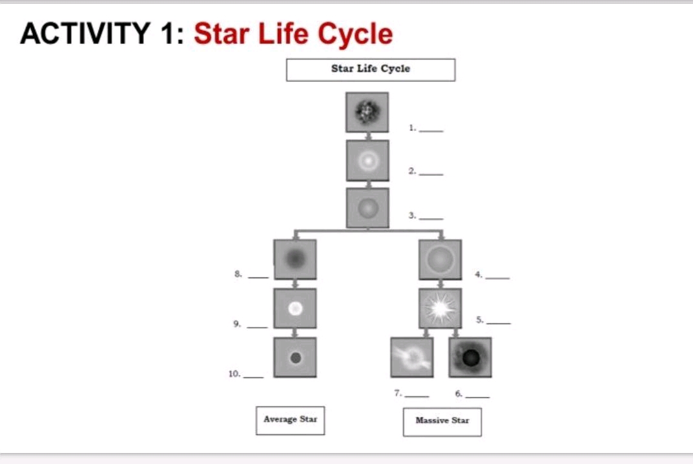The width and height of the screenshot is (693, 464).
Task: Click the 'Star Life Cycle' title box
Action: [370, 70]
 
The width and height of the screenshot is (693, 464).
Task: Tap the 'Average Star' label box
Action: [290, 420]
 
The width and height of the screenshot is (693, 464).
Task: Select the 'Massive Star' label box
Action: [442, 421]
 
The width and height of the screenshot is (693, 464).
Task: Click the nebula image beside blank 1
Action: [367, 112]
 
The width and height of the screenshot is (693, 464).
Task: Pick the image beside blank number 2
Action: [367, 160]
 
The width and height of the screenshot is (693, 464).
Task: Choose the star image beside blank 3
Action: [367, 208]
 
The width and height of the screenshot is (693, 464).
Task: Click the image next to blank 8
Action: [295, 259]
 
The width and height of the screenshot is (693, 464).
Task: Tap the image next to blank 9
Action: [295, 308]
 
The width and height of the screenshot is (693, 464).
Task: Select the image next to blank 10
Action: [295, 357]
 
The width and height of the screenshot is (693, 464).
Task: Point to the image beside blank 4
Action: [440, 259]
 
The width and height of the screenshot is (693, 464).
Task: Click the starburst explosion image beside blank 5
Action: [440, 308]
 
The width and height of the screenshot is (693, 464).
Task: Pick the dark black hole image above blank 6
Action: [470, 357]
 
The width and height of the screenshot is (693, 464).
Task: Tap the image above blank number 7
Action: [411, 357]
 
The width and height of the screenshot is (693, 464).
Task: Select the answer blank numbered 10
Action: [253, 375]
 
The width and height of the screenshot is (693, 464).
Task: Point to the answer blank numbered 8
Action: [258, 276]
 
